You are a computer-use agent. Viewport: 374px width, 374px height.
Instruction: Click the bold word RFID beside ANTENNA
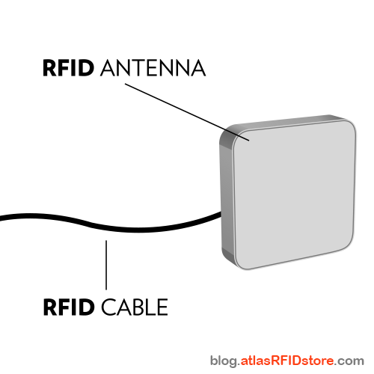[x=68, y=69]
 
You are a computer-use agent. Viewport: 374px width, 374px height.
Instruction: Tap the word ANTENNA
[x=152, y=69]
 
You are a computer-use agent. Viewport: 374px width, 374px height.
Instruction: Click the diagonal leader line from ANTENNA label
[x=183, y=108]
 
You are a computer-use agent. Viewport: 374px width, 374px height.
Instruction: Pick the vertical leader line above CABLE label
[x=106, y=266]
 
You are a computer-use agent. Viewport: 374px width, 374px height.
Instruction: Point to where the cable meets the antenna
[x=218, y=215]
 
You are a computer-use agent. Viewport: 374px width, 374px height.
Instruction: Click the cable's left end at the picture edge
[x=2, y=218]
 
